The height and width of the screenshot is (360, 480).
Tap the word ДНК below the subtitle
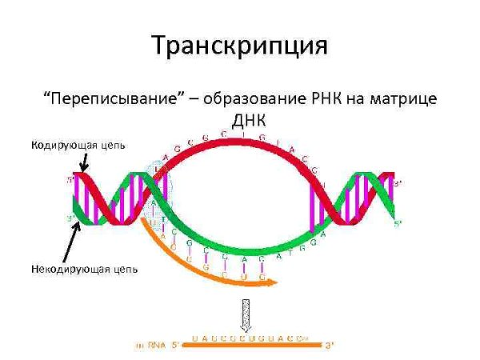[x=239, y=120]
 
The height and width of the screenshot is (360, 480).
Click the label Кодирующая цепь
[x=78, y=146]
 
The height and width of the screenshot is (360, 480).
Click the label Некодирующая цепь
[x=85, y=269]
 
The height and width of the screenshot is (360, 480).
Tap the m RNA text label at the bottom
[x=149, y=346]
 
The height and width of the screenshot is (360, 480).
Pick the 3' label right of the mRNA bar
[x=328, y=346]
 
